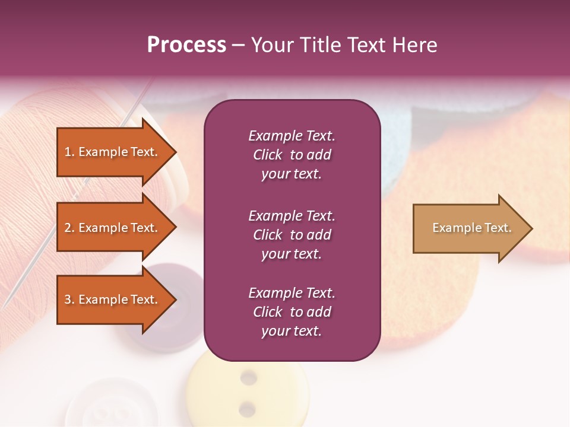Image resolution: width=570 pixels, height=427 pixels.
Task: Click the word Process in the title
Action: [x=186, y=45]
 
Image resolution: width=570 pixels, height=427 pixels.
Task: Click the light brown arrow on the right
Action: [x=469, y=228]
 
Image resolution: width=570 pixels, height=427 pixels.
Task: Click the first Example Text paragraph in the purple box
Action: [x=292, y=155]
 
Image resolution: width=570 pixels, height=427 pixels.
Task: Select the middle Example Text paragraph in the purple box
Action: [x=292, y=235]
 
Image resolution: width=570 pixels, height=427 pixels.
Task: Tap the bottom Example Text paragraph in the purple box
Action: [x=292, y=312]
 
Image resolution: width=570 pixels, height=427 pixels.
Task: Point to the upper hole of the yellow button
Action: [x=248, y=377]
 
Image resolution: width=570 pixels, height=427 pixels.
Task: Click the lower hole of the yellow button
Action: [x=248, y=408]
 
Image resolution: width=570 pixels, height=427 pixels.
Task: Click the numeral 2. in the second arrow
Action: [x=69, y=228]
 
